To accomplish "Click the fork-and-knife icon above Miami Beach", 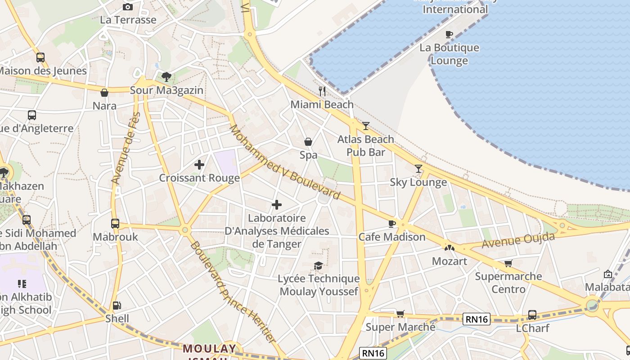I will point(322,91).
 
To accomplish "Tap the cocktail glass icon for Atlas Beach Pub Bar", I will point(366,126).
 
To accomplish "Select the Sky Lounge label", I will point(418,182).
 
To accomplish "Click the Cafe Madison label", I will point(391,237).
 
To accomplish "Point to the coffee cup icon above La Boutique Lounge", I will point(449,34).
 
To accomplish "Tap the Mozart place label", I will point(449,261).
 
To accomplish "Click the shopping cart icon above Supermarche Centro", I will point(508,263).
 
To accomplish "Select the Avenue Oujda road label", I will point(518,241).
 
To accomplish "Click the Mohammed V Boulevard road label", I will point(284,162).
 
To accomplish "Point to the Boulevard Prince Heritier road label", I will point(232,292).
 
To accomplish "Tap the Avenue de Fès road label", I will point(126,148).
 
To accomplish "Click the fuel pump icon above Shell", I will point(117,306).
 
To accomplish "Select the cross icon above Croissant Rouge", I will point(199,165).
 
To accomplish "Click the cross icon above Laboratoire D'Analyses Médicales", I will point(277,205).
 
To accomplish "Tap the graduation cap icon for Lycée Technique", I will point(318,265).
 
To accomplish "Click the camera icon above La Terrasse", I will point(128,7).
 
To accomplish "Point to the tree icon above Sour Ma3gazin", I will point(166,76).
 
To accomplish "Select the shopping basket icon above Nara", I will point(104,93).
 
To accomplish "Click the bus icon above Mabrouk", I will point(115,223).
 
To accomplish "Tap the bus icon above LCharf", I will point(532,315).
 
